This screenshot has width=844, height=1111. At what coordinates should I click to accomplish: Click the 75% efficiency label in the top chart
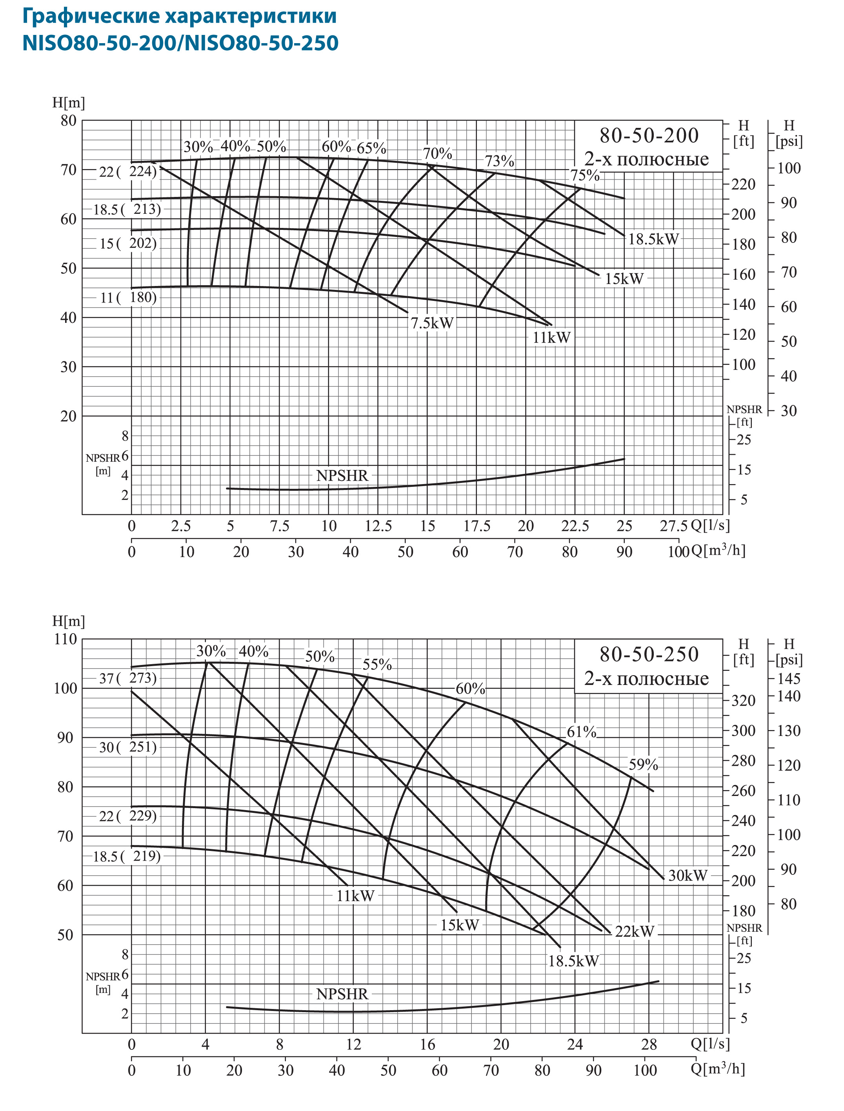click(x=584, y=175)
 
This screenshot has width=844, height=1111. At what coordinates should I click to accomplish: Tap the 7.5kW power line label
click(x=432, y=323)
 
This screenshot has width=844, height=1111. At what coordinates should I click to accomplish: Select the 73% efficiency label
click(x=499, y=161)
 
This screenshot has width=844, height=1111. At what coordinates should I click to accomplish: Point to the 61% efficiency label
click(x=581, y=732)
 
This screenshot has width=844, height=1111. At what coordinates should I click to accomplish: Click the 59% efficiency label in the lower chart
click(x=643, y=764)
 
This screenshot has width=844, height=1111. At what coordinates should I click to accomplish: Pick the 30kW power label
click(x=687, y=875)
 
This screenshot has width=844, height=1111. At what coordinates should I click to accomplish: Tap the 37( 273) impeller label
click(x=127, y=678)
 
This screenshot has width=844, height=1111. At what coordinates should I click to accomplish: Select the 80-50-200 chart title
click(x=649, y=136)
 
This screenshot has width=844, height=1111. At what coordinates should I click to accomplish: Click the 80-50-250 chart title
click(x=649, y=654)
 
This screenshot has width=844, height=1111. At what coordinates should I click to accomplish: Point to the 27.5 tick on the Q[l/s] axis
click(x=673, y=526)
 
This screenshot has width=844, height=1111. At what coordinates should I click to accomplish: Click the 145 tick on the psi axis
click(x=789, y=678)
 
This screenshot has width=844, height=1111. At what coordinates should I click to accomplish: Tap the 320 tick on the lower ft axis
click(x=743, y=701)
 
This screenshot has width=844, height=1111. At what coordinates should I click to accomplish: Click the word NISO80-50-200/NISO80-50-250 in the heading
click(x=180, y=43)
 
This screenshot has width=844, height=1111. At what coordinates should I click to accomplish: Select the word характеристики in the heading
click(x=251, y=16)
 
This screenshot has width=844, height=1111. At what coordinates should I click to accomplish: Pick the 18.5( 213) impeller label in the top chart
click(x=127, y=209)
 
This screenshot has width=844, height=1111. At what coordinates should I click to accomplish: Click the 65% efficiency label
click(x=371, y=148)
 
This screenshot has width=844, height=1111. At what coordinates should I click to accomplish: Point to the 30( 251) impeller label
click(x=127, y=747)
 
